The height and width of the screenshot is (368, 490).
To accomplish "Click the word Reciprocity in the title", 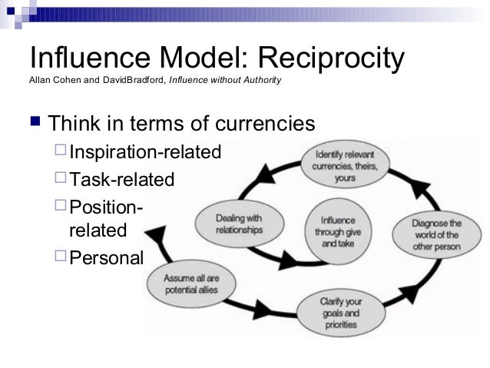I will (x=330, y=59).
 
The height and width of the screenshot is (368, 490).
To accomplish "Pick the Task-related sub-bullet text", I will (x=122, y=180).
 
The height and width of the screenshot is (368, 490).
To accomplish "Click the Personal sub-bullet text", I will (x=106, y=257).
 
